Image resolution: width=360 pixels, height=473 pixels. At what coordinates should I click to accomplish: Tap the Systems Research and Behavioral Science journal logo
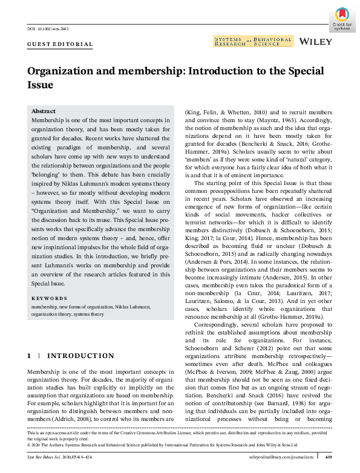(x=253, y=41)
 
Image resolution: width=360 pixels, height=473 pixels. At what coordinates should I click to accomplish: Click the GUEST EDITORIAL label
(x=60, y=45)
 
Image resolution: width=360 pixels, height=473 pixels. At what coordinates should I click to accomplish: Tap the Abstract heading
(x=43, y=112)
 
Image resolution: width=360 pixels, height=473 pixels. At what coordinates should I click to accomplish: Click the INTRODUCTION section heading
(x=80, y=356)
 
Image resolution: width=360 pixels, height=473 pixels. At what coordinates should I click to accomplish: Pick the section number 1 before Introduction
(x=29, y=356)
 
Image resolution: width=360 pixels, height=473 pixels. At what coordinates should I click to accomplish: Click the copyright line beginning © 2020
(x=121, y=448)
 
